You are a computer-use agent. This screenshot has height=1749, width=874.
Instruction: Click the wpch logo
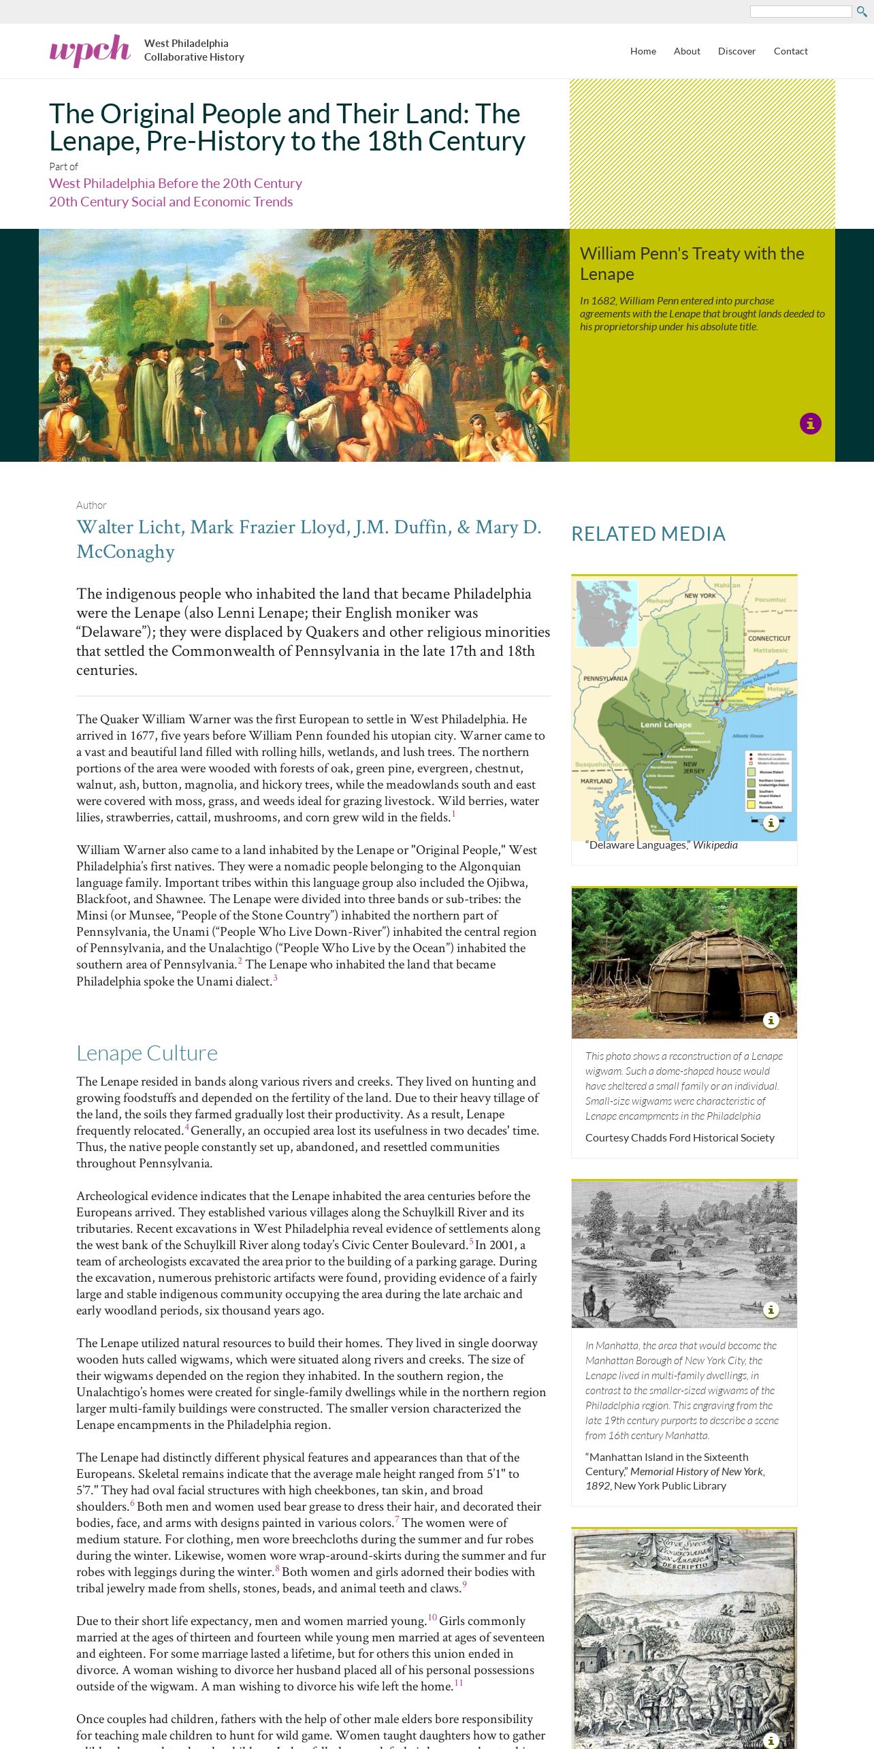point(90,50)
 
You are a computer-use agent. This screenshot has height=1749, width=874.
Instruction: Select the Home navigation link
point(643,51)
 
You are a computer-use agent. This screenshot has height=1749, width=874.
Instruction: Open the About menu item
point(687,51)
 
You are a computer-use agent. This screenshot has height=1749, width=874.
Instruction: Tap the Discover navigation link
point(737,51)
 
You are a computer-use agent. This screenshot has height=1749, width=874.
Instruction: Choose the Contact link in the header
point(790,51)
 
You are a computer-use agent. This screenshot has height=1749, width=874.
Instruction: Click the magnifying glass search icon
point(861,12)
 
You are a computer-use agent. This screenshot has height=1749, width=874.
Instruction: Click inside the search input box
point(800,12)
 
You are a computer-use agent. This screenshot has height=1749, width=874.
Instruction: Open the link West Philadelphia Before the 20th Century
point(176,183)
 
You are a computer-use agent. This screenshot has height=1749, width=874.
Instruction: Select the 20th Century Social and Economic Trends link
point(171,202)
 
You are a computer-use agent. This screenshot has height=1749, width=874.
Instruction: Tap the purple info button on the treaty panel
point(810,424)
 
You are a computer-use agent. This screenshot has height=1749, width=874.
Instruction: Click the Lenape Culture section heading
point(147,1053)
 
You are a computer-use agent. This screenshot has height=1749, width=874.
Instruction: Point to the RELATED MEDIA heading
point(648,534)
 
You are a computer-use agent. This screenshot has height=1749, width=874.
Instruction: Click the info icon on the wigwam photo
point(771,1020)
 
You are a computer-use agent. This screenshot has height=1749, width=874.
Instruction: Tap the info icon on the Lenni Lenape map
point(771,823)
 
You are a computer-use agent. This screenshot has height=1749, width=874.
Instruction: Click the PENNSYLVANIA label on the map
point(605,678)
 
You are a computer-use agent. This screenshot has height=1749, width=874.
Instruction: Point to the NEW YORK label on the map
point(700,595)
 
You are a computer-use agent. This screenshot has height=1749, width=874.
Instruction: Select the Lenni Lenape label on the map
point(665,725)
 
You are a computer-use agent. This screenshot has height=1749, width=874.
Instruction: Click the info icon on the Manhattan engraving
point(771,1309)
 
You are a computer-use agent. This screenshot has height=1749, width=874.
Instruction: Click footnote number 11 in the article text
point(459,1683)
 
